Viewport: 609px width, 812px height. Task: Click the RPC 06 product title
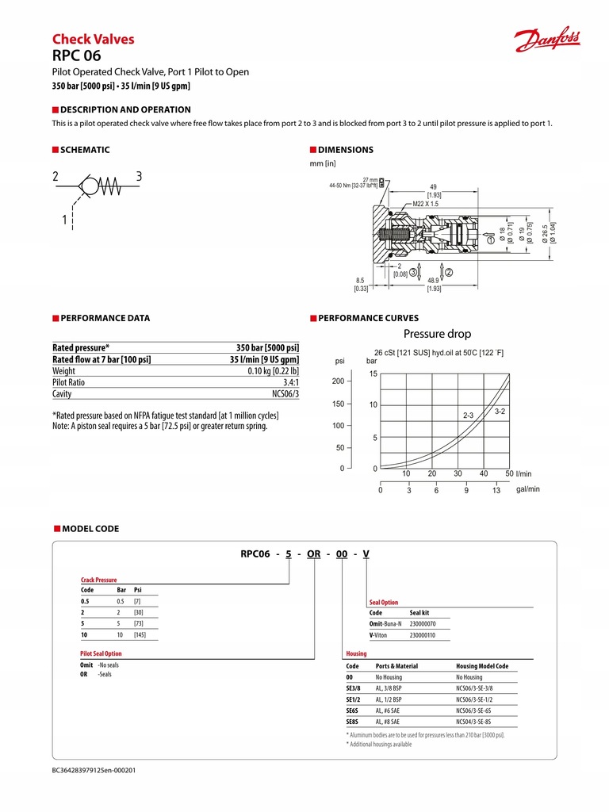(76, 56)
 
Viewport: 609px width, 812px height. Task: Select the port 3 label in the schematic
(139, 176)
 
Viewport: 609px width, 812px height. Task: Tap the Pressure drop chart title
(437, 334)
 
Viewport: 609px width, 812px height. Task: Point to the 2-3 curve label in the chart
(469, 416)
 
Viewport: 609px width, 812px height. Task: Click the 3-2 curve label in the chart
(500, 411)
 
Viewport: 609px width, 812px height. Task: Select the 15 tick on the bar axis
(373, 373)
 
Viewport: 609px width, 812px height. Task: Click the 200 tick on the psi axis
(338, 381)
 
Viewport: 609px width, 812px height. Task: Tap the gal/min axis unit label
(527, 489)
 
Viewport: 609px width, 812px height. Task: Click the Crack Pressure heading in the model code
(98, 580)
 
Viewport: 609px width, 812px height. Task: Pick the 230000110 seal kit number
(423, 635)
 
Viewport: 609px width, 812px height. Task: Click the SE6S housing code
(353, 710)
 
